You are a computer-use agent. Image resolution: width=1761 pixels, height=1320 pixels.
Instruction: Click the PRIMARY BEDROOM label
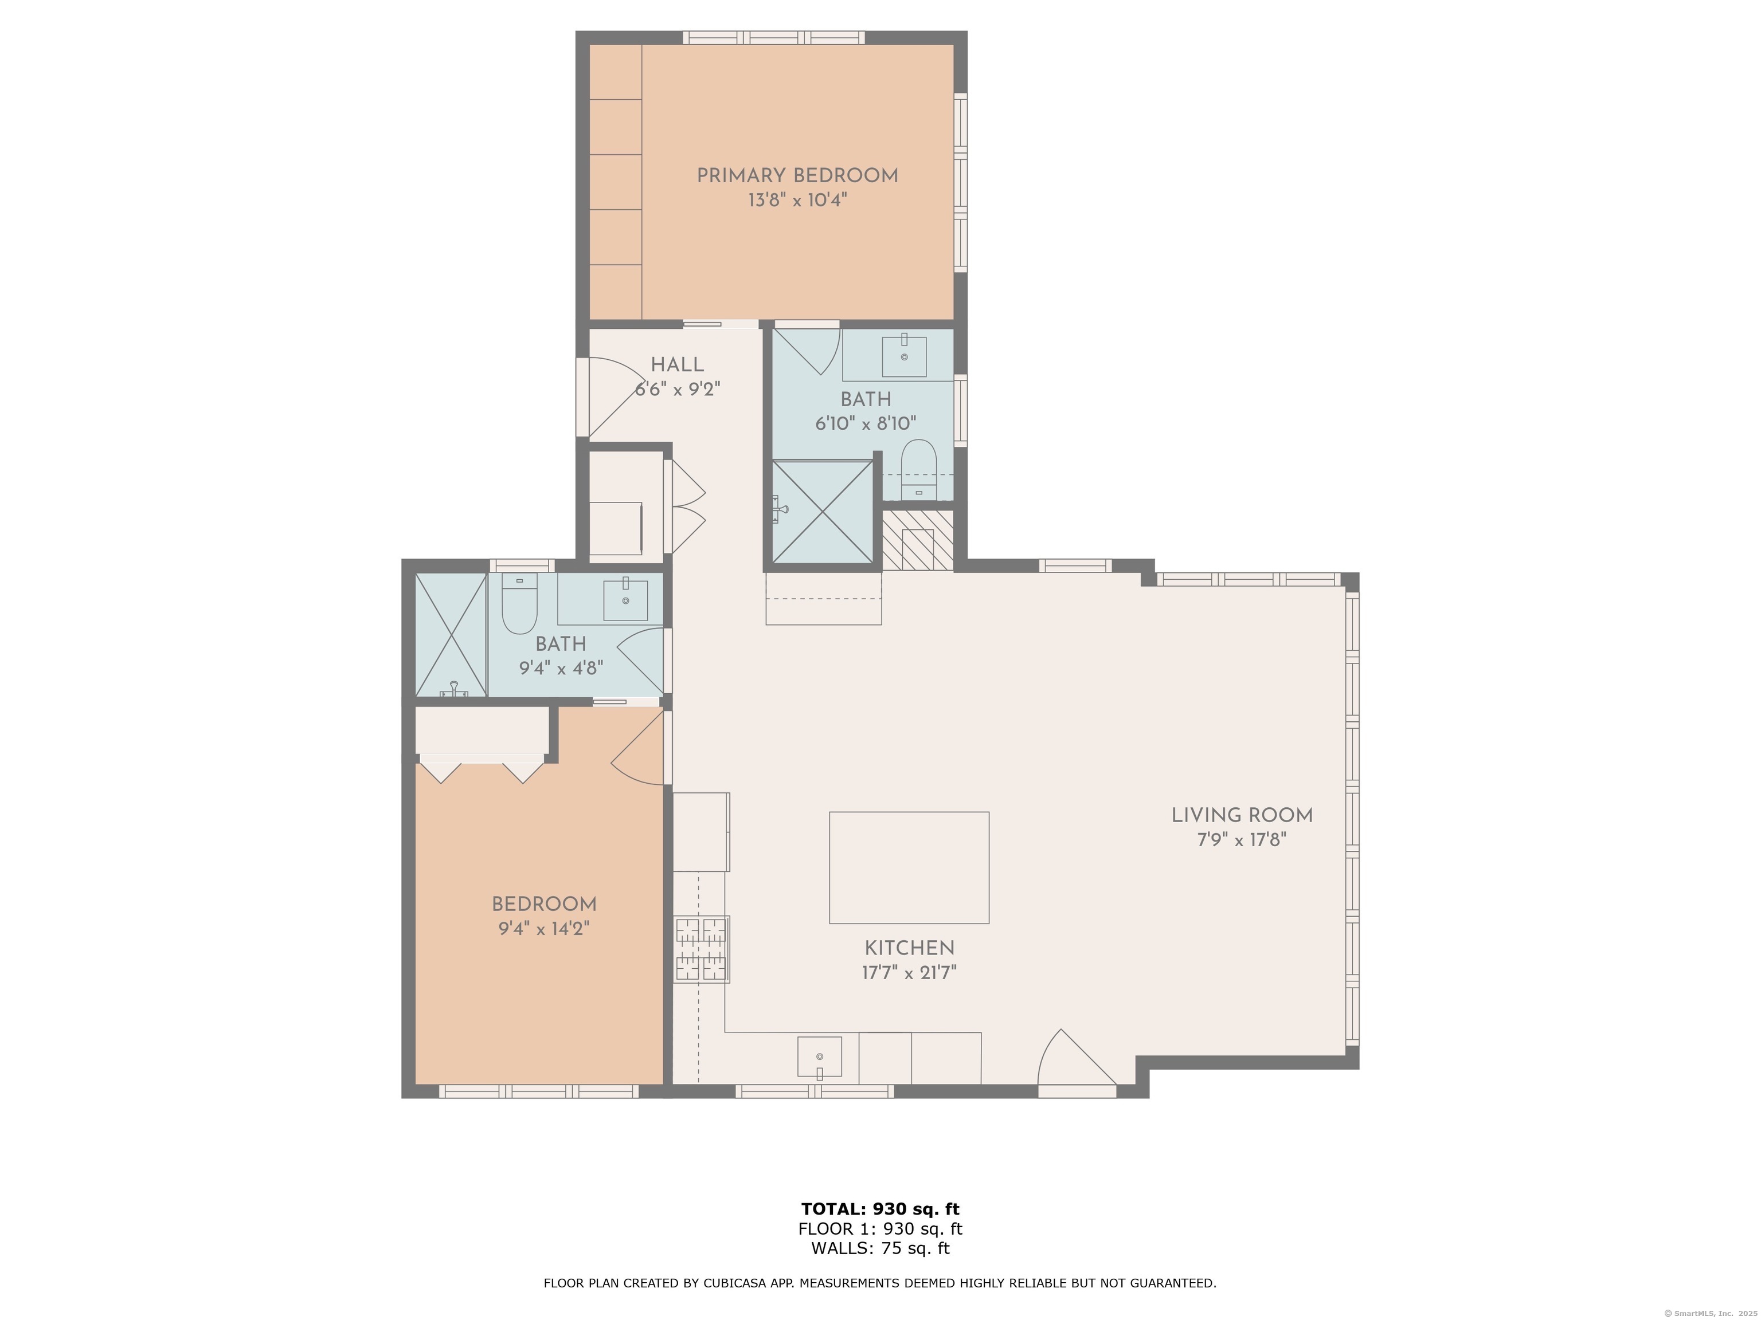(x=797, y=176)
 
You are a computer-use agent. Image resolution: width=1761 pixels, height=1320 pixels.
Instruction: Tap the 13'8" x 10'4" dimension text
(x=797, y=201)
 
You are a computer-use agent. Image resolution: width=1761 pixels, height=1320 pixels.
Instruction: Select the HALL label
(x=676, y=364)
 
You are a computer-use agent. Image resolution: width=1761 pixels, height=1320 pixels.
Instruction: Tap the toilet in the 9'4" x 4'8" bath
(x=520, y=603)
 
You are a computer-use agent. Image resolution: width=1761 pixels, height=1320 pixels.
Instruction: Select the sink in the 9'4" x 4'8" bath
(x=625, y=600)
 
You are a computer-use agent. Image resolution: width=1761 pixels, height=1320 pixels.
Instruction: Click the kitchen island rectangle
(x=909, y=867)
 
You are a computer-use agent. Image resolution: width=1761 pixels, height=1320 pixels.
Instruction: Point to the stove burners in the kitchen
(x=702, y=950)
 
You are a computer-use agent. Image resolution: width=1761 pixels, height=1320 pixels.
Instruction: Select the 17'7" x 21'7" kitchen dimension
(x=909, y=972)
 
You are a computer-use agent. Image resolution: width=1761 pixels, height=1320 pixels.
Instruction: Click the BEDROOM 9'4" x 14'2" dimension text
(x=544, y=929)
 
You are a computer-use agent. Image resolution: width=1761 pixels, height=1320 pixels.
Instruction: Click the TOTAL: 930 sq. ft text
(x=880, y=1209)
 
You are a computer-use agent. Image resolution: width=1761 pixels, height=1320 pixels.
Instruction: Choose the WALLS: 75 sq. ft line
(x=880, y=1248)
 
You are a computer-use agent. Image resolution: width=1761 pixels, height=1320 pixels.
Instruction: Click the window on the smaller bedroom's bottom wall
(x=539, y=1091)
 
